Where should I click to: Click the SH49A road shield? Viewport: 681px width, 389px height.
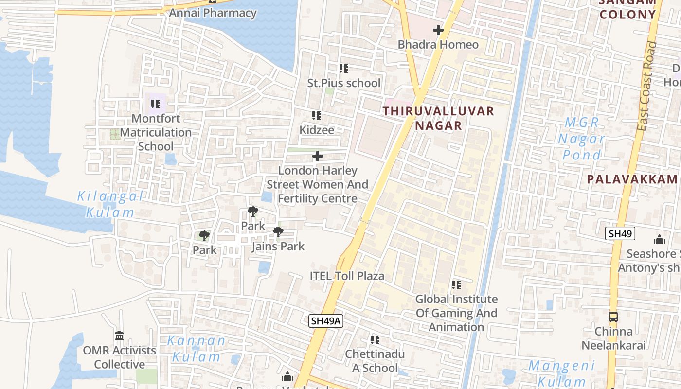326,321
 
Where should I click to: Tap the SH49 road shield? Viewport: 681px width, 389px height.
620,234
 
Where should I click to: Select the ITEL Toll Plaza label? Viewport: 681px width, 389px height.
347,276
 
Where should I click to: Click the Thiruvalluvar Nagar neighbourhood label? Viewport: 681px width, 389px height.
438,118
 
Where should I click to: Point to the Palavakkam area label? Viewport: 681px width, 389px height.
632,179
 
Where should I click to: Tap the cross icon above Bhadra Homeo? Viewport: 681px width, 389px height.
438,30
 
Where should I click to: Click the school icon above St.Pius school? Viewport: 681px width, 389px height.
344,69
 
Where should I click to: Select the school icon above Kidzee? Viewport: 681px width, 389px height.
317,116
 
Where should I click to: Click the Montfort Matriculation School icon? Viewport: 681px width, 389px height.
156,104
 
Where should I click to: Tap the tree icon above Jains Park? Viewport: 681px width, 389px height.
278,232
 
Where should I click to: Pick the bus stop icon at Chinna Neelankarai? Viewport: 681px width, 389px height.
613,317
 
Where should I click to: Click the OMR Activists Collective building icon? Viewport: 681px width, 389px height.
119,336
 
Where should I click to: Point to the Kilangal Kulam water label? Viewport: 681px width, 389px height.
110,204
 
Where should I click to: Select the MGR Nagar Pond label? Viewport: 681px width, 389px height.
581,139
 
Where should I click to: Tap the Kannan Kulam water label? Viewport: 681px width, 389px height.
197,348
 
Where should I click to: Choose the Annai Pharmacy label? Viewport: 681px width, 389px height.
213,13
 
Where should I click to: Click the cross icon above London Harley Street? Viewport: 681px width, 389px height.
318,156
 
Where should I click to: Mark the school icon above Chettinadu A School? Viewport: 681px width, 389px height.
375,339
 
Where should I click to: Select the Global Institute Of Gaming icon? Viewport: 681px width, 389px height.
456,284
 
